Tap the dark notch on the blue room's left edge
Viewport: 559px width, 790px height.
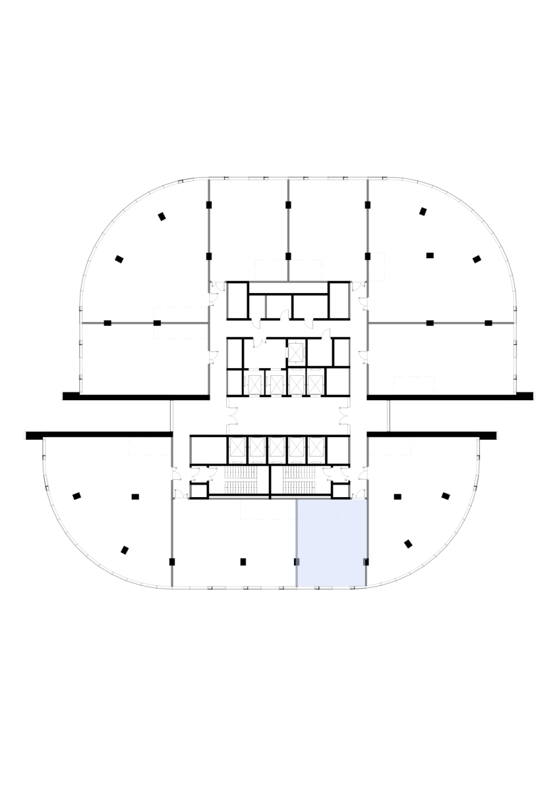pos(297,562)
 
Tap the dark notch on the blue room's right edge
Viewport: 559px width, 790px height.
pos(365,562)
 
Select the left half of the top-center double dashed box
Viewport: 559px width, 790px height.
pos(271,270)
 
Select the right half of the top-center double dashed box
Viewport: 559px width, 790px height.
pos(306,270)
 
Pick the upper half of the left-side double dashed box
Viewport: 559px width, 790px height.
pos(181,315)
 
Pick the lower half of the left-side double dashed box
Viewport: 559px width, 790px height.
pos(181,331)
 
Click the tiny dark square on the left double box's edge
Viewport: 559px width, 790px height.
pos(157,323)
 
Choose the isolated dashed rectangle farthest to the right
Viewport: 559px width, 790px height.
pos(414,385)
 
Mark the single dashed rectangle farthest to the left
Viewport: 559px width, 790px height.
pos(150,446)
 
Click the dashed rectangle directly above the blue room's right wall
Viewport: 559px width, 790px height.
pos(390,446)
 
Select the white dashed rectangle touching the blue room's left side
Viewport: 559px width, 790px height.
pos(268,510)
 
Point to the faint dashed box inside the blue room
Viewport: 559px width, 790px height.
pos(317,510)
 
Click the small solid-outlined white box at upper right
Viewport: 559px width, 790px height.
pos(377,267)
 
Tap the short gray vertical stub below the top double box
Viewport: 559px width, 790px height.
pos(266,307)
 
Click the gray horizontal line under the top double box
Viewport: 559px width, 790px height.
pos(288,282)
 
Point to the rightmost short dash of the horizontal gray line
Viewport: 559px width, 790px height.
pos(502,323)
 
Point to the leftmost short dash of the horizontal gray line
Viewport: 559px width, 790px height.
pos(93,323)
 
